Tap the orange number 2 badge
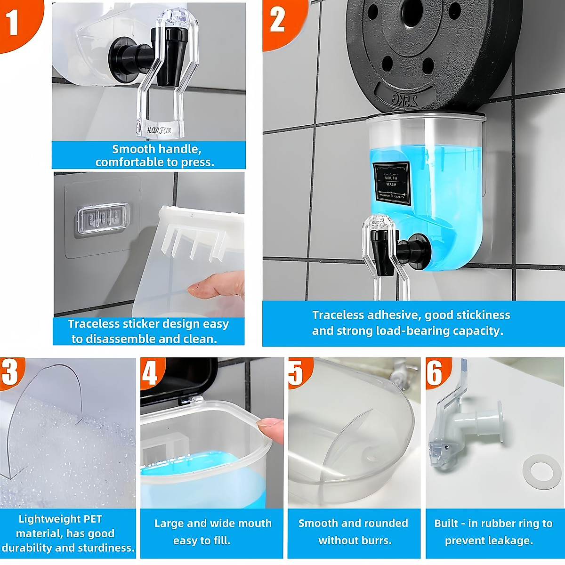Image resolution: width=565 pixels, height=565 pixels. pos(278,20)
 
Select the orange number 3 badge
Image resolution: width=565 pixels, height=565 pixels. pos(10,372)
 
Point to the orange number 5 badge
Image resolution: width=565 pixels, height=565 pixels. pos(297,372)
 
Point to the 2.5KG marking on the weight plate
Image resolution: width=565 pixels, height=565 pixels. pos(404,99)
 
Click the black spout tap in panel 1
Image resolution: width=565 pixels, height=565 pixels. pos(166,61)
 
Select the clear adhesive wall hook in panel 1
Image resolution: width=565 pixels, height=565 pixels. pos(102,218)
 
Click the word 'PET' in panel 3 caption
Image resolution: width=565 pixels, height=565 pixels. pos(92,519)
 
